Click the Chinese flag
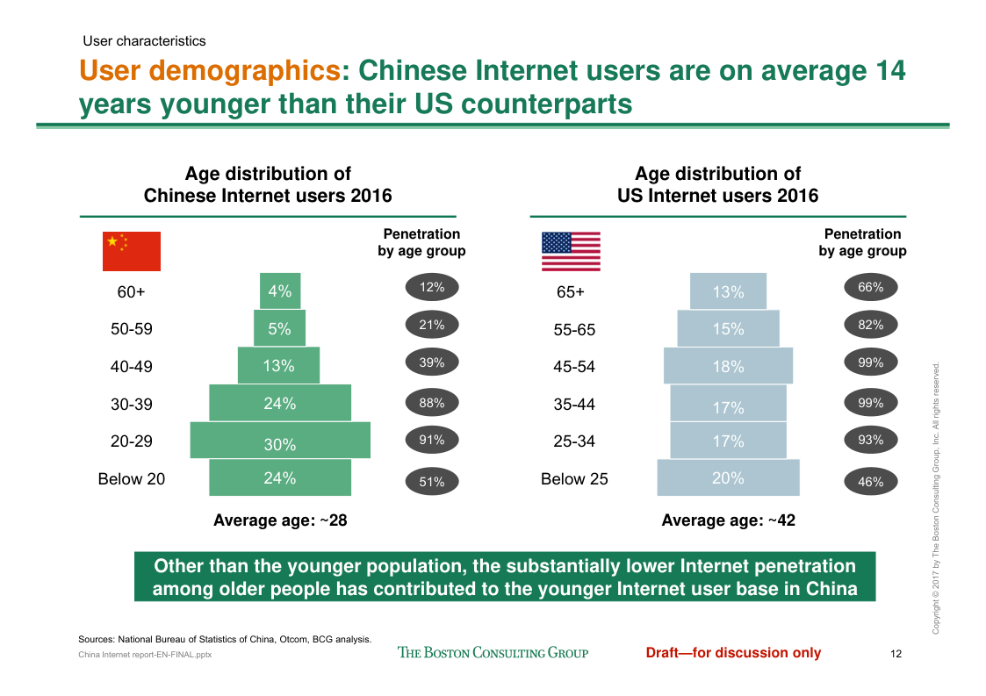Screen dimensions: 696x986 click(x=132, y=251)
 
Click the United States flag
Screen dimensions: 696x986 click(x=571, y=251)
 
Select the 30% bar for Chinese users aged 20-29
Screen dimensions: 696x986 click(x=280, y=441)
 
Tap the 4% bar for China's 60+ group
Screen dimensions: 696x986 click(x=280, y=291)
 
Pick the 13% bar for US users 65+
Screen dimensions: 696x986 click(x=728, y=291)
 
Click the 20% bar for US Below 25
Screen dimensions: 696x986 click(x=728, y=478)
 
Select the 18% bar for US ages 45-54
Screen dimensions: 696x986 click(x=728, y=366)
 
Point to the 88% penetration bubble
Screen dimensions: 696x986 click(x=432, y=404)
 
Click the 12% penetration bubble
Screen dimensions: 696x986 click(x=432, y=287)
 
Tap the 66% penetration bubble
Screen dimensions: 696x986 click(x=871, y=287)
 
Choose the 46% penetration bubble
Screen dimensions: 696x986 click(x=871, y=481)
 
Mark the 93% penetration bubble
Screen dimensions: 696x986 click(x=871, y=440)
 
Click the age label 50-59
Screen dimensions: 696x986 click(x=132, y=329)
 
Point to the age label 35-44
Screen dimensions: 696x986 click(x=574, y=405)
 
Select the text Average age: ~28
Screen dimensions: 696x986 click(x=280, y=520)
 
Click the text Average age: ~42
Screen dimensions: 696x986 click(x=728, y=520)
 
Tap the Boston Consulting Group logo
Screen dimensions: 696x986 click(x=493, y=652)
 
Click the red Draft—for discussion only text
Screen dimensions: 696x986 click(x=733, y=652)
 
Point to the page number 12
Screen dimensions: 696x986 click(x=896, y=653)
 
